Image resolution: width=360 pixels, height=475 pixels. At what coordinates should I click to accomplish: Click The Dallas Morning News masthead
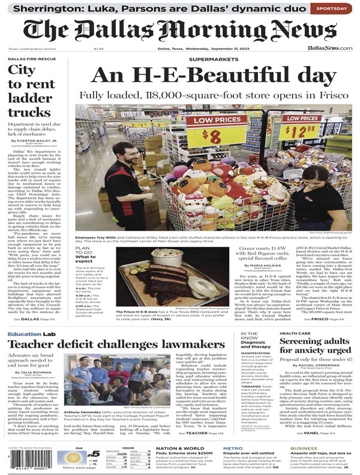(x=179, y=31)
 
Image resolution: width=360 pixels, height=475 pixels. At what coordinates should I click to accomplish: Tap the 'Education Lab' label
(x=31, y=333)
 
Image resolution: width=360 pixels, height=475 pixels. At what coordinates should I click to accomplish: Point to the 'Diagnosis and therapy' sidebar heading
(x=257, y=346)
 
